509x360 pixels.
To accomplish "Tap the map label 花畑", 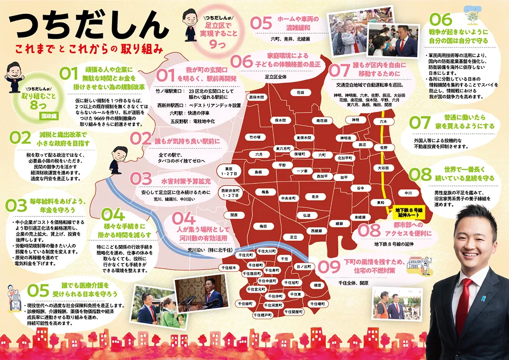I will pos(300,93).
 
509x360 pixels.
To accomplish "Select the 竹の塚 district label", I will pos(254,137).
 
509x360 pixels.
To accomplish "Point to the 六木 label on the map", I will pos(383,122).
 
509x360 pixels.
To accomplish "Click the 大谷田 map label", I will pos(383,168).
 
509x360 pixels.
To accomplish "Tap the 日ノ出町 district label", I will pos(304,266).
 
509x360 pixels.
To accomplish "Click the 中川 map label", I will pos(408,193).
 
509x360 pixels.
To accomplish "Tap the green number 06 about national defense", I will pos(441,19).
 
